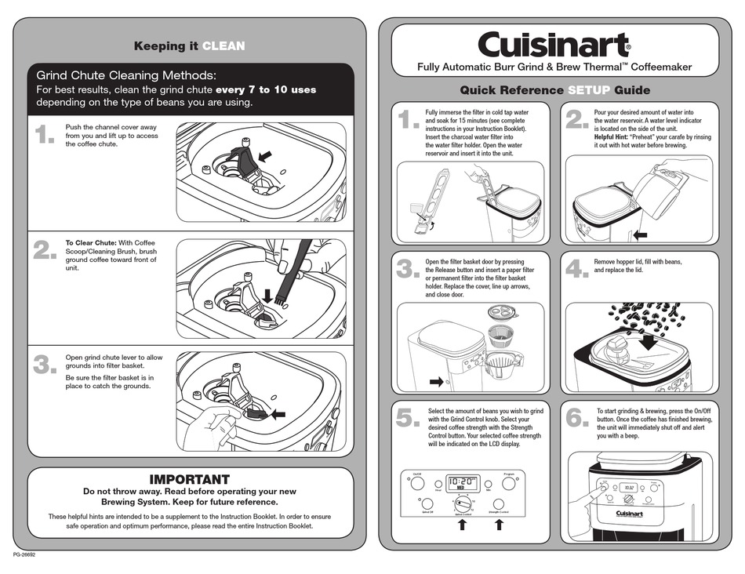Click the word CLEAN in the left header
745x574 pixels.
(x=223, y=46)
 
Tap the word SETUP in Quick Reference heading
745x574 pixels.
(x=589, y=90)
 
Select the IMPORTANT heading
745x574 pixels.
(x=189, y=479)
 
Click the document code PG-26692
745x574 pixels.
(x=24, y=554)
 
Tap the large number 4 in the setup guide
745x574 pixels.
(x=576, y=269)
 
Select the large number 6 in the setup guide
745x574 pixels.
(x=576, y=419)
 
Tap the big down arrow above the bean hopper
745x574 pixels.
(x=649, y=343)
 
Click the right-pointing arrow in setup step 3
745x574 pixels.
(x=436, y=382)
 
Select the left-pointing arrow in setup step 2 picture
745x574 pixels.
(x=641, y=234)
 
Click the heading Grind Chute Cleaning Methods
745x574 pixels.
(x=126, y=75)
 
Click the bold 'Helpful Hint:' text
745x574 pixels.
(x=614, y=137)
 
